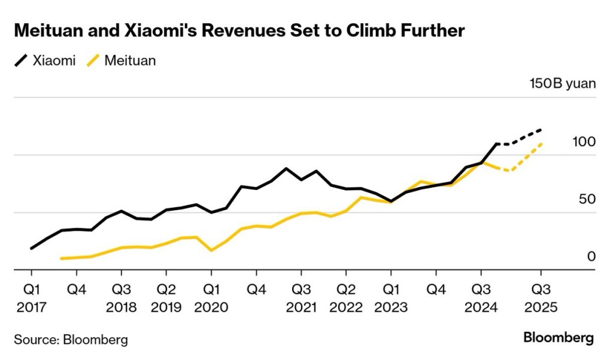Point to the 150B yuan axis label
pyautogui.click(x=563, y=83)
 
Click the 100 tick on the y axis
pyautogui.click(x=584, y=142)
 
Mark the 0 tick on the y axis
pyautogui.click(x=591, y=256)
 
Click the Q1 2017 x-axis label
pyautogui.click(x=31, y=298)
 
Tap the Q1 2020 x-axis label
pyautogui.click(x=211, y=298)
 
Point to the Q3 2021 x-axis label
pyautogui.click(x=301, y=298)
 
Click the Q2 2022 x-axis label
pyautogui.click(x=346, y=298)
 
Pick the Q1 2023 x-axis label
pyautogui.click(x=391, y=298)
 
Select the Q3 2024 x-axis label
pyautogui.click(x=481, y=298)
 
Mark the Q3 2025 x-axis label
pyautogui.click(x=541, y=298)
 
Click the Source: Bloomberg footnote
pyautogui.click(x=71, y=340)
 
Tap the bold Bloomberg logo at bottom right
pyautogui.click(x=559, y=337)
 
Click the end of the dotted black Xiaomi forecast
pyautogui.click(x=541, y=129)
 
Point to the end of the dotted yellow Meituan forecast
pyautogui.click(x=541, y=144)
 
